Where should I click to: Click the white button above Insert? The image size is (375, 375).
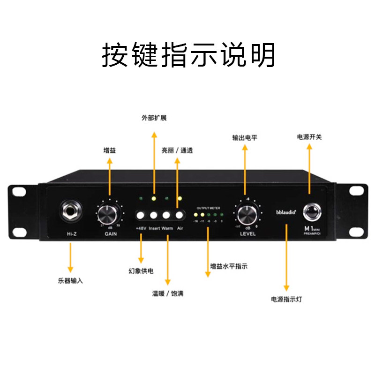pyautogui.click(x=153, y=216)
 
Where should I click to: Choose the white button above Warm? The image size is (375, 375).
pyautogui.click(x=166, y=216)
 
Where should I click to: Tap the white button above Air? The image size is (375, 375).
pyautogui.click(x=180, y=216)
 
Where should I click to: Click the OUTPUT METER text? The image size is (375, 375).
pyautogui.click(x=208, y=208)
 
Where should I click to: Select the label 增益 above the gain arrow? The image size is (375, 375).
pyautogui.click(x=110, y=151)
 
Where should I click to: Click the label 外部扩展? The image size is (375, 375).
pyautogui.click(x=154, y=118)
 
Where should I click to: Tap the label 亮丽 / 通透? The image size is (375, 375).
pyautogui.click(x=177, y=151)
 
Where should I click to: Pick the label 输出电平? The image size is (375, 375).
pyautogui.click(x=245, y=138)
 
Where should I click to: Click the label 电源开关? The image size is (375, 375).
pyautogui.click(x=309, y=137)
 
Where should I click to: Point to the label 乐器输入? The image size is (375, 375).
pyautogui.click(x=71, y=281)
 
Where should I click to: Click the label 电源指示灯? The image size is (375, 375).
pyautogui.click(x=286, y=299)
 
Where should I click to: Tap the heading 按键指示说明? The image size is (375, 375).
pyautogui.click(x=188, y=56)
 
